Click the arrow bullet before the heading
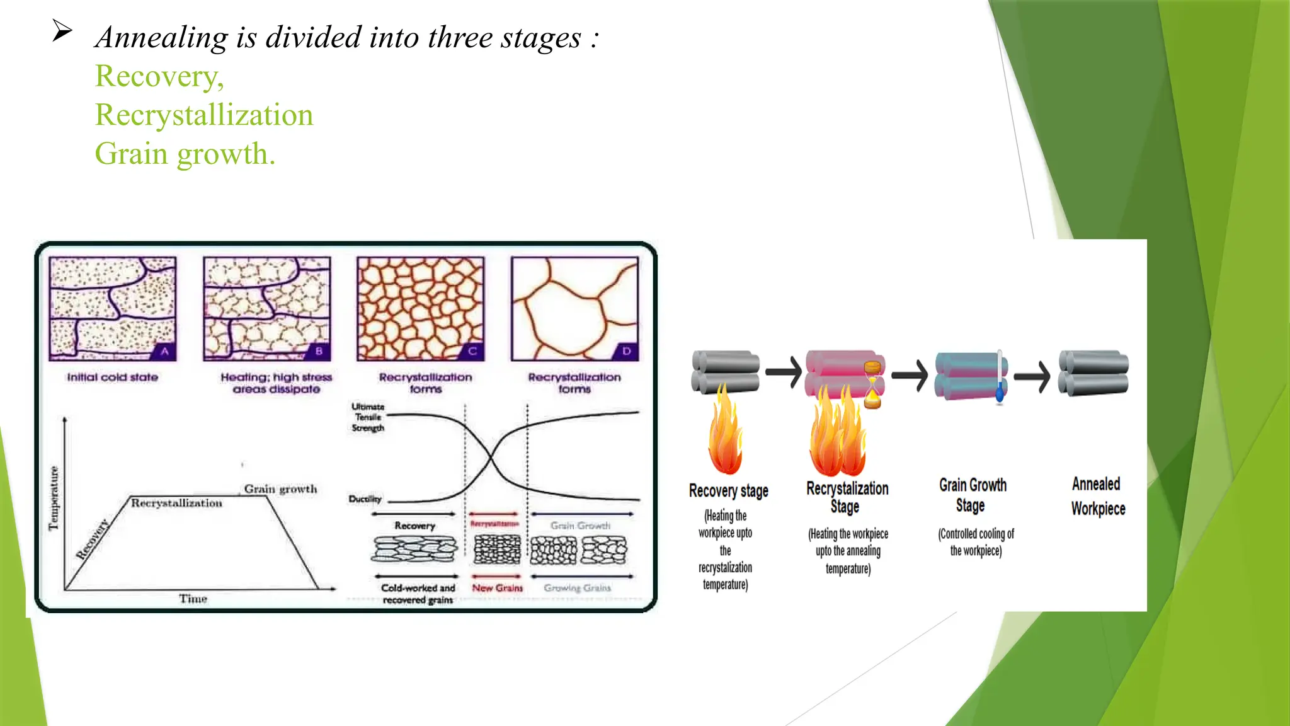62,30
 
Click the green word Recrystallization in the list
203,115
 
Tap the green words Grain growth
185,154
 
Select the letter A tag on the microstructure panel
164,351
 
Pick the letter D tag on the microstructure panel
626,351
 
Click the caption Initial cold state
113,377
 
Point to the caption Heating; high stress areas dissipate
276,383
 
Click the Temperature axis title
54,498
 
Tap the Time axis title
193,599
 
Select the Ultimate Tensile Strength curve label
368,417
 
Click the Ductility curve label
365,499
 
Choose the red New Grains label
497,588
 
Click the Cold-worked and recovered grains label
418,594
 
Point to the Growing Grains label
577,588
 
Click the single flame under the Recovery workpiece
725,435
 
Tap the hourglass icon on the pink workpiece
872,384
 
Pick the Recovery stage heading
728,491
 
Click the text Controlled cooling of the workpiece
976,542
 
